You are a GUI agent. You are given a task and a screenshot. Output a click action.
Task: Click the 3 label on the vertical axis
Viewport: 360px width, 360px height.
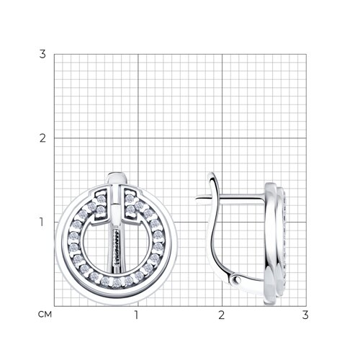(42, 54)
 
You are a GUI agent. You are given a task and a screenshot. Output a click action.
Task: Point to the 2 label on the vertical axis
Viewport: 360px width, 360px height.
(42, 138)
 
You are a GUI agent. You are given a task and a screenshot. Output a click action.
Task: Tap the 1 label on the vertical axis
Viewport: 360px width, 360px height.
(42, 222)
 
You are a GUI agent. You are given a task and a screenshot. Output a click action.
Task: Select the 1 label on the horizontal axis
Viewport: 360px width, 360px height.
(137, 315)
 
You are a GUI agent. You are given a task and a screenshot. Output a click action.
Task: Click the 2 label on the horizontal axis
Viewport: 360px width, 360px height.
(222, 315)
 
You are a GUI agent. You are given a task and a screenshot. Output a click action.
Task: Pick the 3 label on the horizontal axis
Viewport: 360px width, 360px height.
(305, 315)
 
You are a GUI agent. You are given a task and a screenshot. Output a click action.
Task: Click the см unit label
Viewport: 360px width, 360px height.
(45, 315)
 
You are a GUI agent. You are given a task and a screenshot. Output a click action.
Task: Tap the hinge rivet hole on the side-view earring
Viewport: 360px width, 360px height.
(238, 279)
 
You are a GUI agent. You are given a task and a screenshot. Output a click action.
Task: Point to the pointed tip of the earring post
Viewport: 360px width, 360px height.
(197, 199)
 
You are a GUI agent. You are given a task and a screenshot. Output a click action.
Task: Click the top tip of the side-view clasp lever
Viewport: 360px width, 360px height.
(210, 174)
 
